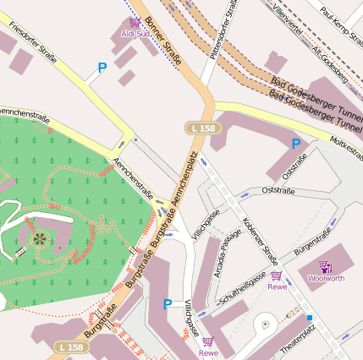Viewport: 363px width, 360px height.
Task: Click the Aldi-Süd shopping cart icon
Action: coord(135,22)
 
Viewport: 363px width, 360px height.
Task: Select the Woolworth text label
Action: coord(326,278)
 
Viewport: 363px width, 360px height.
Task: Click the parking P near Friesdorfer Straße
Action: coord(102,67)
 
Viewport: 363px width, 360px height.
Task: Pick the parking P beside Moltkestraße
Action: coord(295,144)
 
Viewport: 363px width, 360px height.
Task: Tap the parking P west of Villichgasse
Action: coord(168,303)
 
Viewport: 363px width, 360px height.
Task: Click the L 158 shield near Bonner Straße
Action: coord(201,127)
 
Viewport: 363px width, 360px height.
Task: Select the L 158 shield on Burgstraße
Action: coord(74,347)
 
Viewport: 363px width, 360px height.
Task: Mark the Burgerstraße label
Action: coord(311,242)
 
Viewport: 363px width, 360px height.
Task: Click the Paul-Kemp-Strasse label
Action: coord(342,18)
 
